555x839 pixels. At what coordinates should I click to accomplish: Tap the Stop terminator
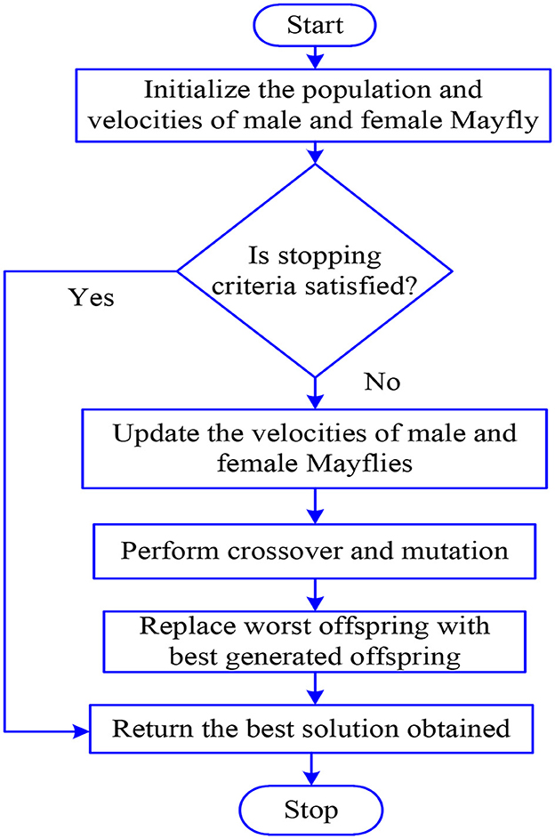pyautogui.click(x=311, y=811)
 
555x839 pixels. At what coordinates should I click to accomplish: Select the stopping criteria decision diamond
pyautogui.click(x=315, y=270)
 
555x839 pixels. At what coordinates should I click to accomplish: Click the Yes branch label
pyautogui.click(x=92, y=297)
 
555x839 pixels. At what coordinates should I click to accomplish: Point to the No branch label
pyautogui.click(x=382, y=383)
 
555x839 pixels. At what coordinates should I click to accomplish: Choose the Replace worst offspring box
pyautogui.click(x=315, y=640)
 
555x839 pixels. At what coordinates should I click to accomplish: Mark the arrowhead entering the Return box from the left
pyautogui.click(x=84, y=730)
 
